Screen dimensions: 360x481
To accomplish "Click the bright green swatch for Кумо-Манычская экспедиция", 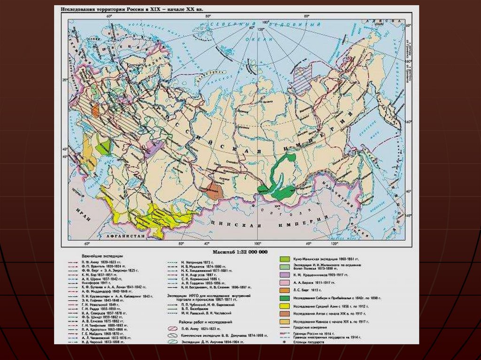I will pyautogui.click(x=284, y=259).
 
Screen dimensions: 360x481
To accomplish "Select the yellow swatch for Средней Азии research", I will pyautogui.click(x=284, y=305).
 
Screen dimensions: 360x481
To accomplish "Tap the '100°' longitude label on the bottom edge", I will pyautogui.click(x=257, y=244).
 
